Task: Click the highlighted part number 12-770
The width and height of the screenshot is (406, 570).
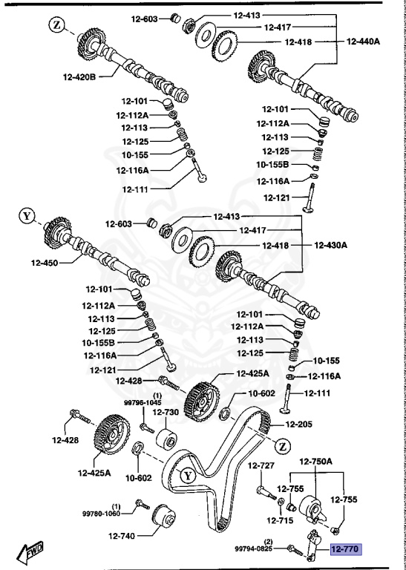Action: pos(344,550)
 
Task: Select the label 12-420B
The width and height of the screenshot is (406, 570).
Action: pos(81,76)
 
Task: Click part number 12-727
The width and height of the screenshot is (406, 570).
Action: pos(262,465)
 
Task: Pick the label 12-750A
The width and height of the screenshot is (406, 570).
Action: pos(316,461)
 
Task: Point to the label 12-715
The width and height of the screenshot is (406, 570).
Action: pos(285,522)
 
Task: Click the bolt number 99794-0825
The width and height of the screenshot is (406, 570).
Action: pos(254,549)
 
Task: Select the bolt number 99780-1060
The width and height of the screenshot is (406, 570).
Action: pos(101,512)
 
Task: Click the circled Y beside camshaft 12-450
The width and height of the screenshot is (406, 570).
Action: pos(27,216)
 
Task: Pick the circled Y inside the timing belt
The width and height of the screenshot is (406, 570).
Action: pos(188,474)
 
